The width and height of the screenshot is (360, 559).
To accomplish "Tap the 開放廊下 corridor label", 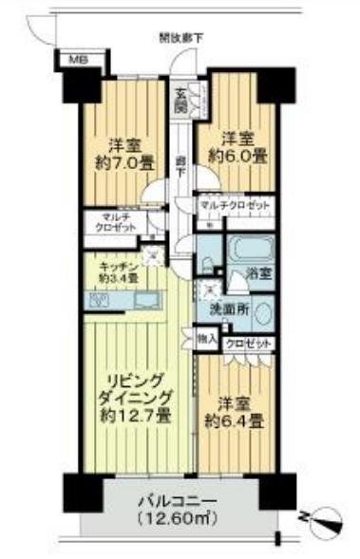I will pyautogui.click(x=181, y=38).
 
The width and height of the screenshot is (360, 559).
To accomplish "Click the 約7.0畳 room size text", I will pyautogui.click(x=119, y=162).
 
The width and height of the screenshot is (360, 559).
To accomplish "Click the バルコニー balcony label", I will pyautogui.click(x=171, y=500).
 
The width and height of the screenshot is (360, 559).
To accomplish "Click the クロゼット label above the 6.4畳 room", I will pyautogui.click(x=250, y=344).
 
